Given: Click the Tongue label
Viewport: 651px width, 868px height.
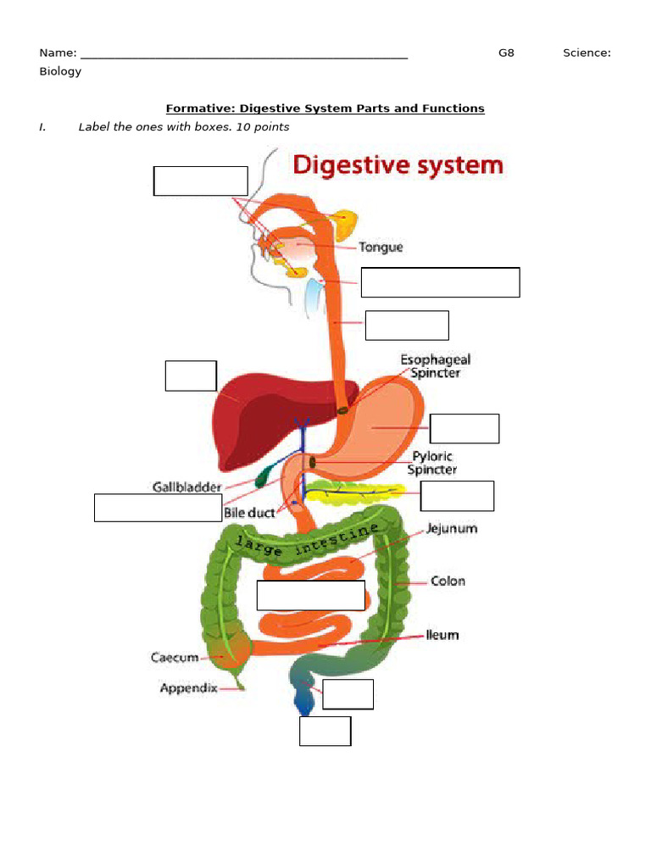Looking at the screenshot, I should (x=381, y=248).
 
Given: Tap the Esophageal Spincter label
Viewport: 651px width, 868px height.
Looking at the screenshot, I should (x=435, y=366).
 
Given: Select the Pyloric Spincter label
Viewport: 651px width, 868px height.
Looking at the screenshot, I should (x=431, y=463).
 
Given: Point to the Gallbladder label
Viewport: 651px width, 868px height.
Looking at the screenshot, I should (x=186, y=487).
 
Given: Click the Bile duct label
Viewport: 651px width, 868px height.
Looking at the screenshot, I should (x=249, y=513).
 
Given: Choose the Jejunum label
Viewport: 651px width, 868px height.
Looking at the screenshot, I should (x=451, y=528).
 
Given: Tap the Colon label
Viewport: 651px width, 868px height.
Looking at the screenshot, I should (x=448, y=581).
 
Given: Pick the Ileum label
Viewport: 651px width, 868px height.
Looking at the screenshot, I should (x=442, y=635).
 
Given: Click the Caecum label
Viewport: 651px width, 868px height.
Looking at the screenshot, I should (x=175, y=657).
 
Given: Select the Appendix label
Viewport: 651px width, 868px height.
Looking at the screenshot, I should (x=188, y=688).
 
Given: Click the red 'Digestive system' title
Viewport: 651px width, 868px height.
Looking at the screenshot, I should (x=398, y=164).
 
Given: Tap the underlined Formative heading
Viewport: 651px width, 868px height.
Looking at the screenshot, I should (x=325, y=108).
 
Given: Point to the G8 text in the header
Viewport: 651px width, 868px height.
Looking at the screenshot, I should (x=506, y=53).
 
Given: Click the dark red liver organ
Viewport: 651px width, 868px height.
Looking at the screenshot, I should (x=254, y=415).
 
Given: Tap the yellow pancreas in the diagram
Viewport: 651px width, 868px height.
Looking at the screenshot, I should (x=356, y=491).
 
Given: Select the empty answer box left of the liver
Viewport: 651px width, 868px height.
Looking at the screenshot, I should (x=191, y=376).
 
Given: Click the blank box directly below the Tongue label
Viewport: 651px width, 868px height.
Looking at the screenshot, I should (x=440, y=282).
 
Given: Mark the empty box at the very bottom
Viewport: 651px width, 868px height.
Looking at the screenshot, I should (x=325, y=731).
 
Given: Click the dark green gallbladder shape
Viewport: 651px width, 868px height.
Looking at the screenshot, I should (x=266, y=471).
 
